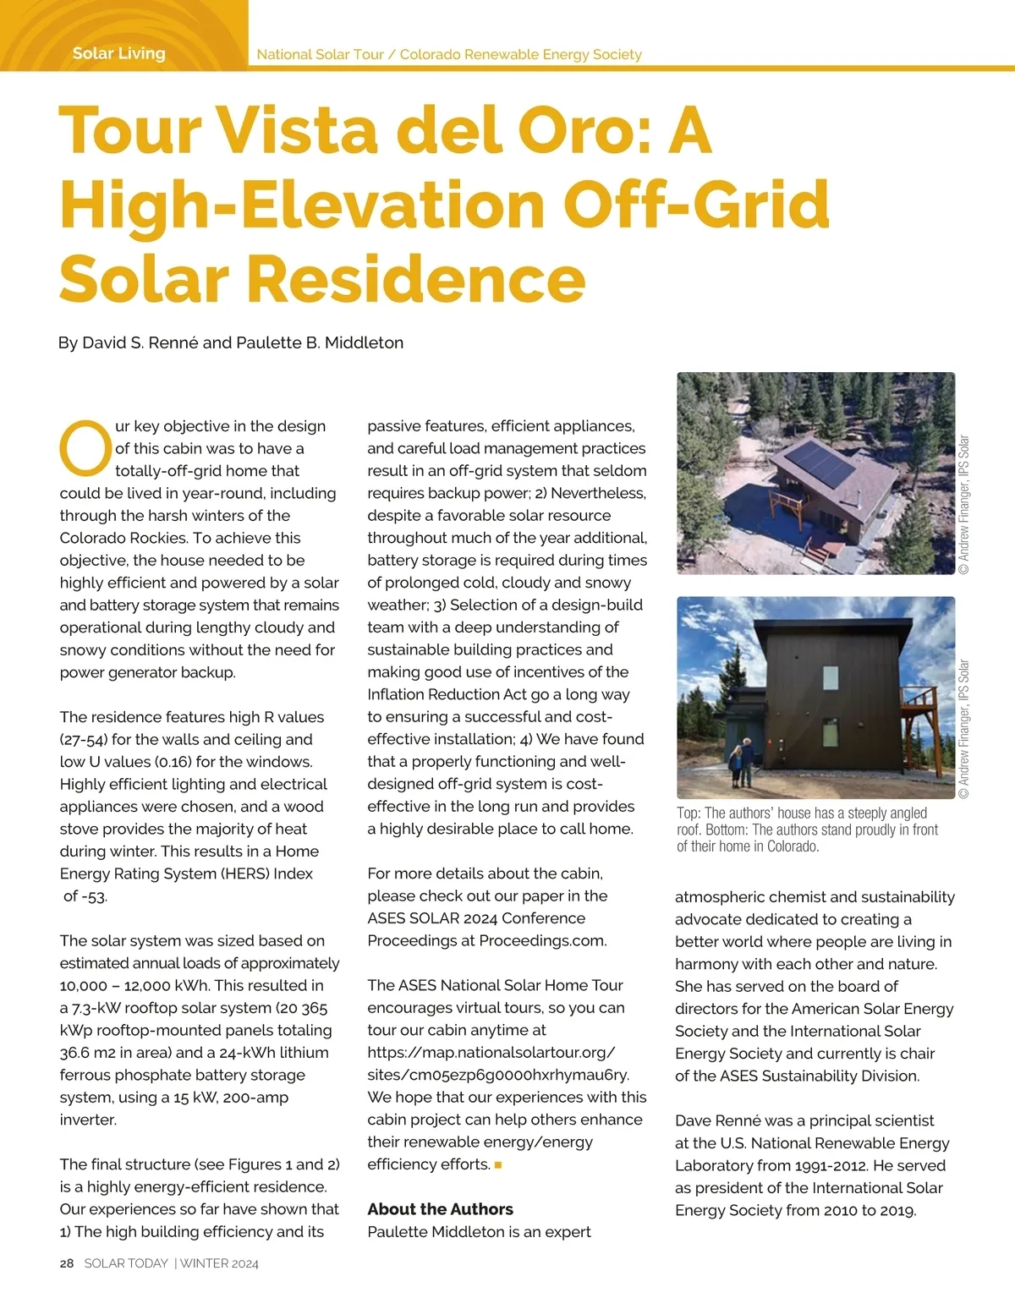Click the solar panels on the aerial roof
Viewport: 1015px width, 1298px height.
tap(819, 463)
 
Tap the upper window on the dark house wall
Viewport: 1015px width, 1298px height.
tap(831, 677)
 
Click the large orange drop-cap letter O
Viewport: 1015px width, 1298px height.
tap(85, 448)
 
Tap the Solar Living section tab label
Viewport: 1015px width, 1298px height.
tap(118, 53)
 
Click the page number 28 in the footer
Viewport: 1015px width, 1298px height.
tap(67, 1263)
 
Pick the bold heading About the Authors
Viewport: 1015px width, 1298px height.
tap(440, 1209)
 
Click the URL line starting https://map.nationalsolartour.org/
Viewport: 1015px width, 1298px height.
tap(491, 1053)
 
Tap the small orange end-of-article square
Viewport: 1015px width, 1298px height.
tap(498, 1165)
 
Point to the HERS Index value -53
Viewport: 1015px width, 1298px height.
tap(85, 896)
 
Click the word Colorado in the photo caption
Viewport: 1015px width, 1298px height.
tap(792, 846)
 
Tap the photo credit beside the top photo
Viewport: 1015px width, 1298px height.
tap(964, 505)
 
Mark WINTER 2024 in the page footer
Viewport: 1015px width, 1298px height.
tap(219, 1263)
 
